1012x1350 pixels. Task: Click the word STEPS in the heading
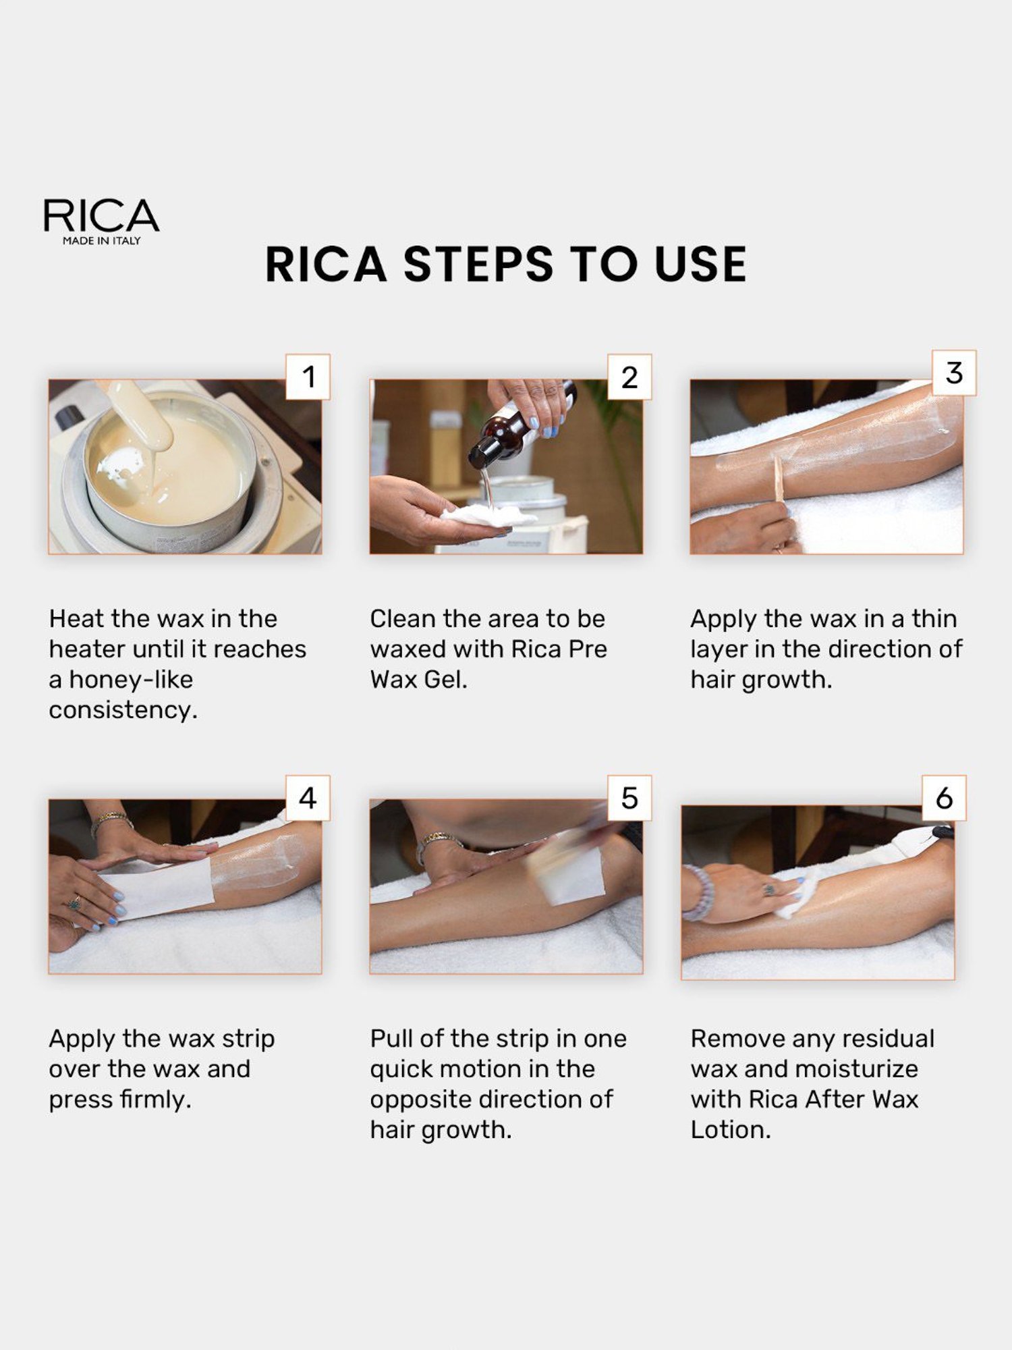[x=478, y=264]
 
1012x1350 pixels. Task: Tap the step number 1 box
[x=308, y=377]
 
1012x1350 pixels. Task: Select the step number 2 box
[x=629, y=377]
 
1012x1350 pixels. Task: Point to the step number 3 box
[x=953, y=373]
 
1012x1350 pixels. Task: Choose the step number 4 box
[x=308, y=798]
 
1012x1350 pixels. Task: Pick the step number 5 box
[x=629, y=798]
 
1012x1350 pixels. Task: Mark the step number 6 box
[x=944, y=798]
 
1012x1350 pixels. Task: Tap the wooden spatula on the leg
[x=779, y=479]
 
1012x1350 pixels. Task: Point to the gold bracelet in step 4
[x=111, y=820]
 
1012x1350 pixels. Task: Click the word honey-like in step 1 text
[x=131, y=680]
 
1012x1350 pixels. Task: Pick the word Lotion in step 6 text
[x=730, y=1130]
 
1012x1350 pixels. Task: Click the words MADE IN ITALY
[x=102, y=241]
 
